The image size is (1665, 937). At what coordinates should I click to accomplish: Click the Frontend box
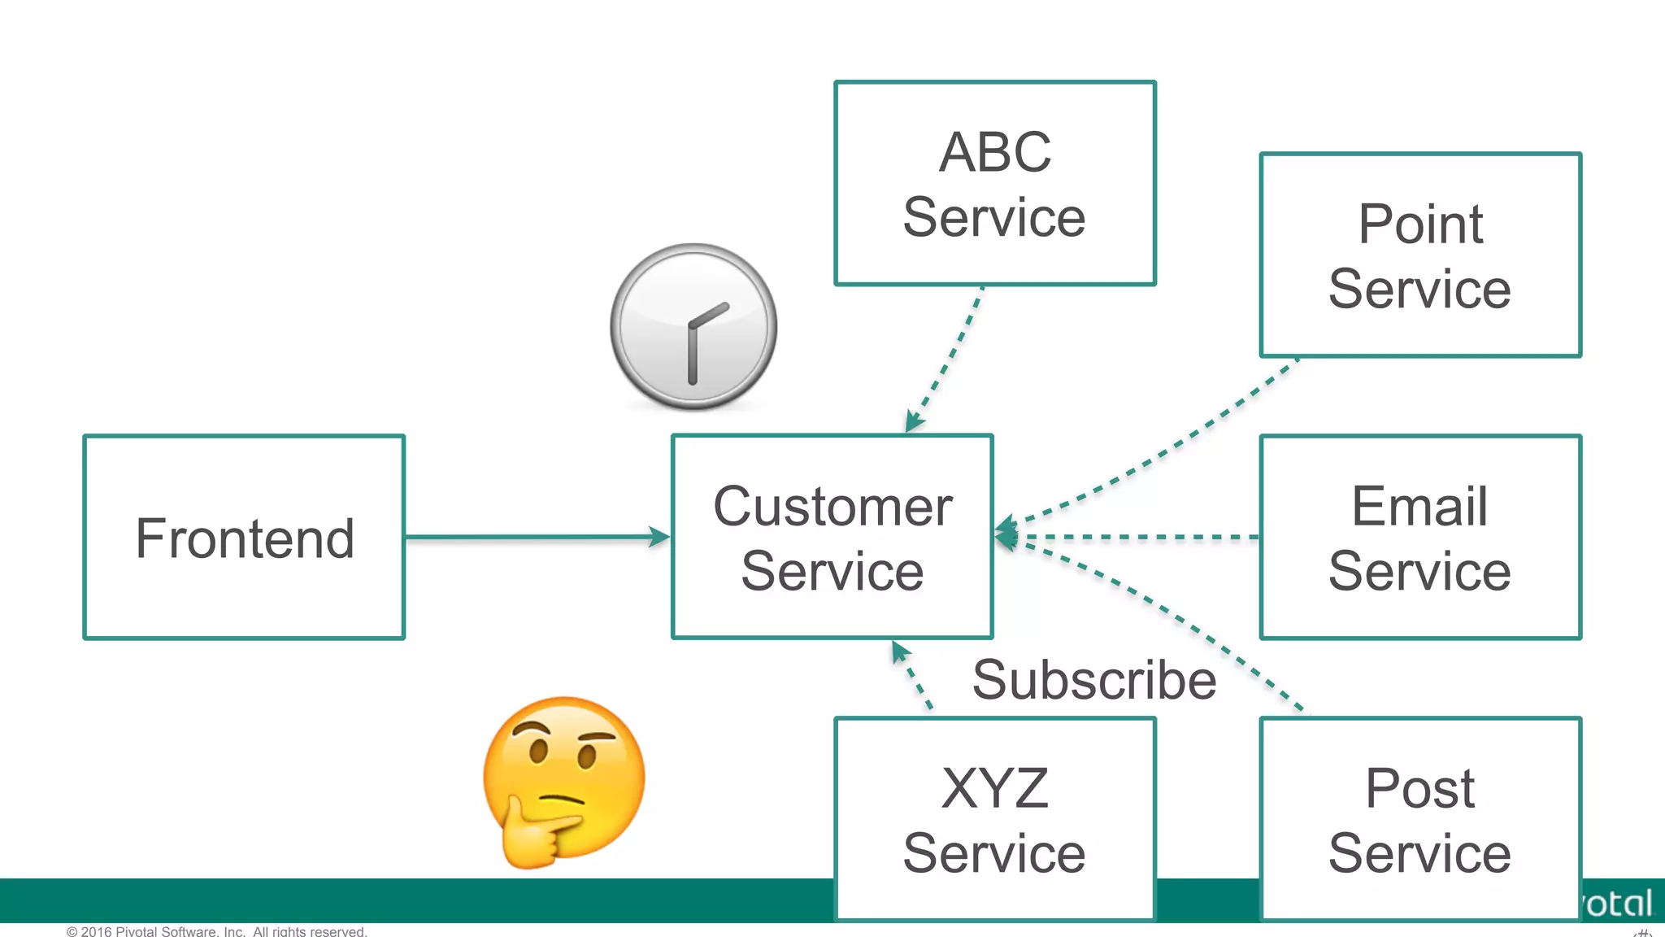244,538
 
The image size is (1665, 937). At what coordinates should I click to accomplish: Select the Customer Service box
832,538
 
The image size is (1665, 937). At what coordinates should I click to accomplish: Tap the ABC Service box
994,184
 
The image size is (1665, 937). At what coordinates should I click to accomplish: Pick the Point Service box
1419,255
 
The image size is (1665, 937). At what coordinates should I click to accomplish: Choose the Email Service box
1419,538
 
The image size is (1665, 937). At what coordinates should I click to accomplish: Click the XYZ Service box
994,819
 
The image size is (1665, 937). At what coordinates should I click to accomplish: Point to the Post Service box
1419,819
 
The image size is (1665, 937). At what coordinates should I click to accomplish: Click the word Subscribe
1093,680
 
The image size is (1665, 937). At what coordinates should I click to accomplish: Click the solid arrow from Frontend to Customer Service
537,537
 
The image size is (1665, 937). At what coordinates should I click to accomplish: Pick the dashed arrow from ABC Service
947,358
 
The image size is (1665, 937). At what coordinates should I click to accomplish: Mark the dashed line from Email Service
1138,537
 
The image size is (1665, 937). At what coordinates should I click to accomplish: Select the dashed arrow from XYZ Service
912,675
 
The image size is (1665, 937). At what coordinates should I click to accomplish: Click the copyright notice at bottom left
217,930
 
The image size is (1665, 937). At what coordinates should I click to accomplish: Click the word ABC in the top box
994,152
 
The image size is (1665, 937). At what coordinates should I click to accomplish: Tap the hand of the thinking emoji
537,834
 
